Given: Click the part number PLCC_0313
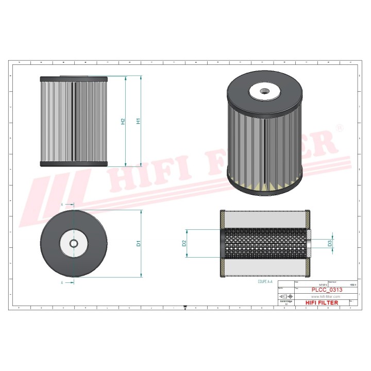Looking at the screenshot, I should (326, 290).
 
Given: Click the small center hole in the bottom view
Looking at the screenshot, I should (73, 243).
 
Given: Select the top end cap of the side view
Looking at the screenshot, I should (74, 80).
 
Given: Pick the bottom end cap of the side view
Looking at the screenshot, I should (74, 164).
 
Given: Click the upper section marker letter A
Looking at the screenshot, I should (62, 205).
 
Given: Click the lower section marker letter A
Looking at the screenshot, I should (62, 283).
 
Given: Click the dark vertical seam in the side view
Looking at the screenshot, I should (74, 122).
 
